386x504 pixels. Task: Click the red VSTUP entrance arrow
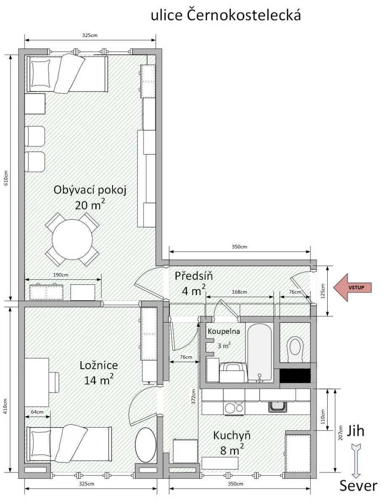coord(352,287)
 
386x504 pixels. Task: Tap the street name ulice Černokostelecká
coord(226,15)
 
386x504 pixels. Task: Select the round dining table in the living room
coord(72,239)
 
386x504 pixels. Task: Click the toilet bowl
coord(295,349)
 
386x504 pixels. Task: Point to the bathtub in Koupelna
coord(260,352)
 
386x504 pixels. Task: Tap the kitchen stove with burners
coord(234,407)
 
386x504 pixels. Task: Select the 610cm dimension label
coord(6,178)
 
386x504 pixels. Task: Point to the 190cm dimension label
coord(61,275)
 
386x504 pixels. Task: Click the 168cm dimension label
coord(239,292)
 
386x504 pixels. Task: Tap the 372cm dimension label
coord(193,396)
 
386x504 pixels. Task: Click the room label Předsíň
coord(194,276)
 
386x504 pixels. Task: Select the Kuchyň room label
coord(232,436)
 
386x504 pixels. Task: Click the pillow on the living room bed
coord(41,73)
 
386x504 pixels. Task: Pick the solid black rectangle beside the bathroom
coord(295,376)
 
